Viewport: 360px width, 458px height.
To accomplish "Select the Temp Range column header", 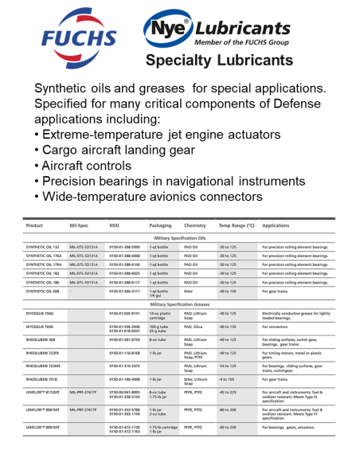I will click(x=236, y=225).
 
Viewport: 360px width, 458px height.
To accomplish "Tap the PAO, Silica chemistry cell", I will click(x=195, y=326).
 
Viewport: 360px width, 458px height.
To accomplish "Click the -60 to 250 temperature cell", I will click(x=230, y=428).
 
